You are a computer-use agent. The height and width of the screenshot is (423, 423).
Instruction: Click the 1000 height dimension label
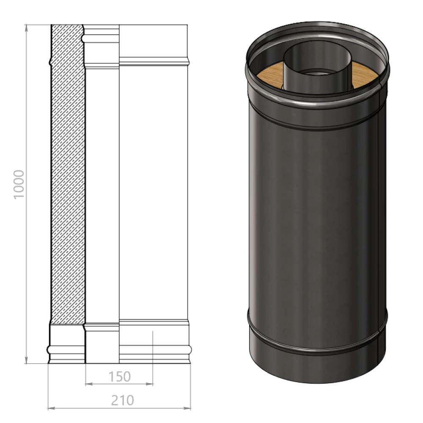coord(19,184)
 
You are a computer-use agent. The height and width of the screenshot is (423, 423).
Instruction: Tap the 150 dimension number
coord(120,376)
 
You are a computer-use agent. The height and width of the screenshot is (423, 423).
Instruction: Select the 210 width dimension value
coord(123,400)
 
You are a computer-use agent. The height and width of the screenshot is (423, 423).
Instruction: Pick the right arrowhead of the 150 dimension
coord(149,384)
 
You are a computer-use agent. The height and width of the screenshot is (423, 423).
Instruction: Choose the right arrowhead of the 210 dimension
coord(187,408)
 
